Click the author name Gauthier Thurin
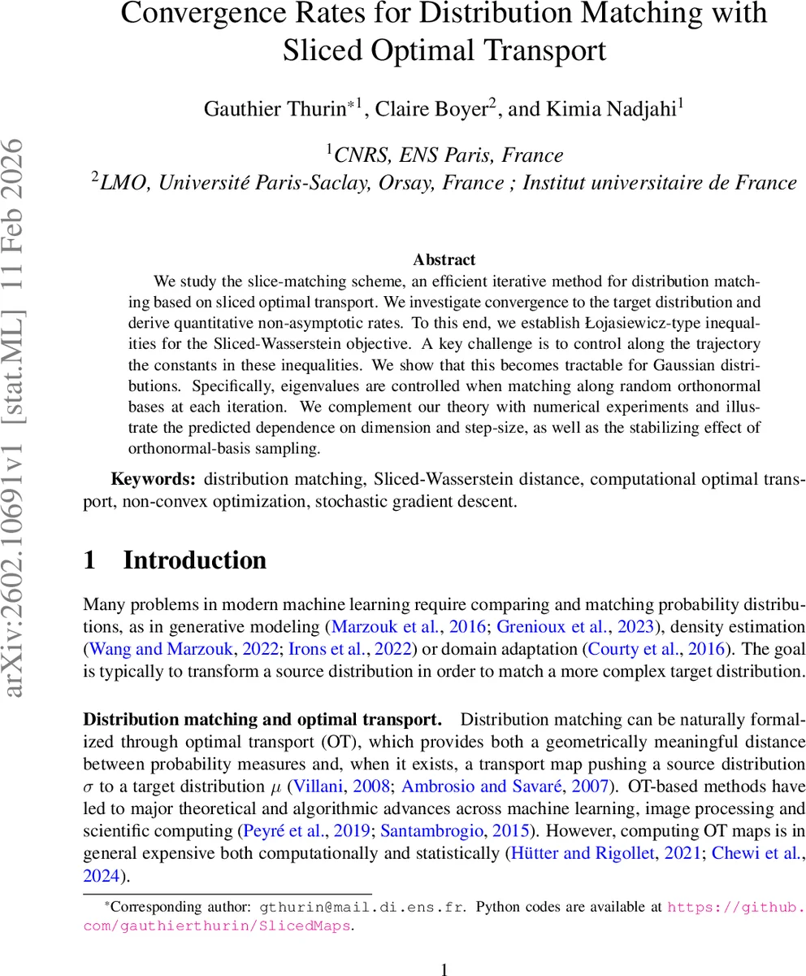click(x=275, y=109)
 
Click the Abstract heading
click(x=444, y=259)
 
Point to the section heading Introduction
click(x=194, y=560)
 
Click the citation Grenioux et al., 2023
click(x=561, y=626)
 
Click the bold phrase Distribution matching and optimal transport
click(x=262, y=720)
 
